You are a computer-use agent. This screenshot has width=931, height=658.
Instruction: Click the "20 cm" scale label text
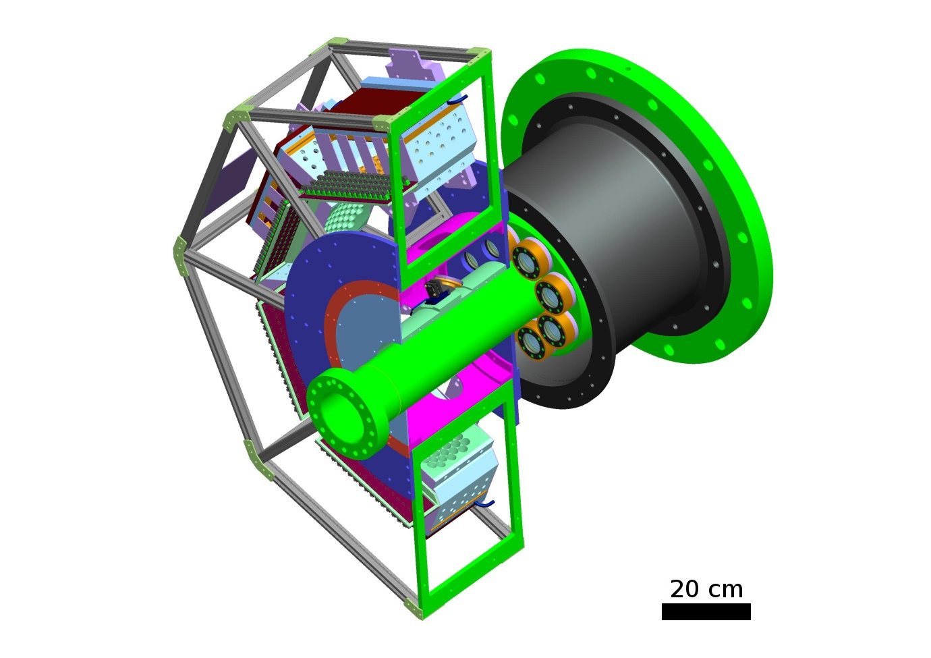click(706, 589)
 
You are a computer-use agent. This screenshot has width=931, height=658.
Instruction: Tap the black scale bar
click(706, 611)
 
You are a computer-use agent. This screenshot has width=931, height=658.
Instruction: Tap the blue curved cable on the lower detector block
click(484, 503)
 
